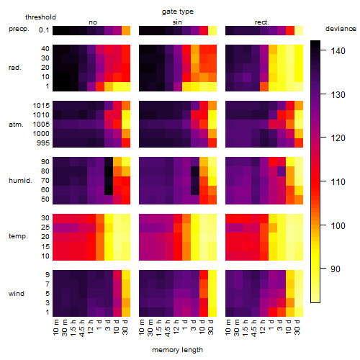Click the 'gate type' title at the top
pyautogui.click(x=178, y=12)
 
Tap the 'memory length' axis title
pyautogui.click(x=177, y=350)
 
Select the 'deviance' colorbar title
pyautogui.click(x=341, y=29)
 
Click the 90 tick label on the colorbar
pyautogui.click(x=336, y=269)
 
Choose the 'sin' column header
pyautogui.click(x=177, y=22)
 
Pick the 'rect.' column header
pyautogui.click(x=262, y=22)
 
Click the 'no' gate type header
pyautogui.click(x=93, y=22)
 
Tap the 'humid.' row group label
pyautogui.click(x=20, y=181)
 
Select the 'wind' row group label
pyautogui.click(x=17, y=294)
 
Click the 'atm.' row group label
pyautogui.click(x=16, y=125)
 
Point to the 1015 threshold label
pyautogui.click(x=41, y=106)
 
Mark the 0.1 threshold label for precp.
pyautogui.click(x=44, y=30)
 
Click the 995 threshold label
pyautogui.click(x=43, y=143)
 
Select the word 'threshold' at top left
pyautogui.click(x=40, y=17)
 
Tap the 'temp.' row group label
pyautogui.click(x=18, y=236)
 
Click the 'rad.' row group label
pyautogui.click(x=15, y=68)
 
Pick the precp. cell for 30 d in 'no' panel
pyautogui.click(x=126, y=30)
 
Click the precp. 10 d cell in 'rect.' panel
pyautogui.click(x=290, y=30)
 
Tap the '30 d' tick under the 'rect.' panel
pyautogui.click(x=297, y=327)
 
